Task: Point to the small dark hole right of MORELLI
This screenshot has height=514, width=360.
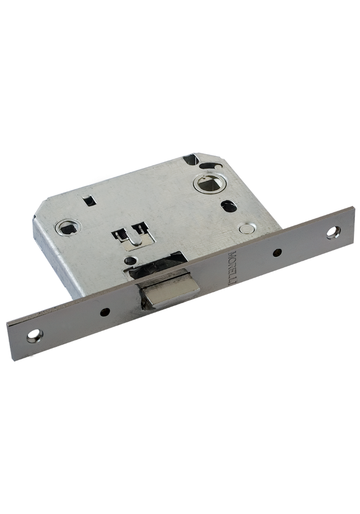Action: [277, 252]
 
